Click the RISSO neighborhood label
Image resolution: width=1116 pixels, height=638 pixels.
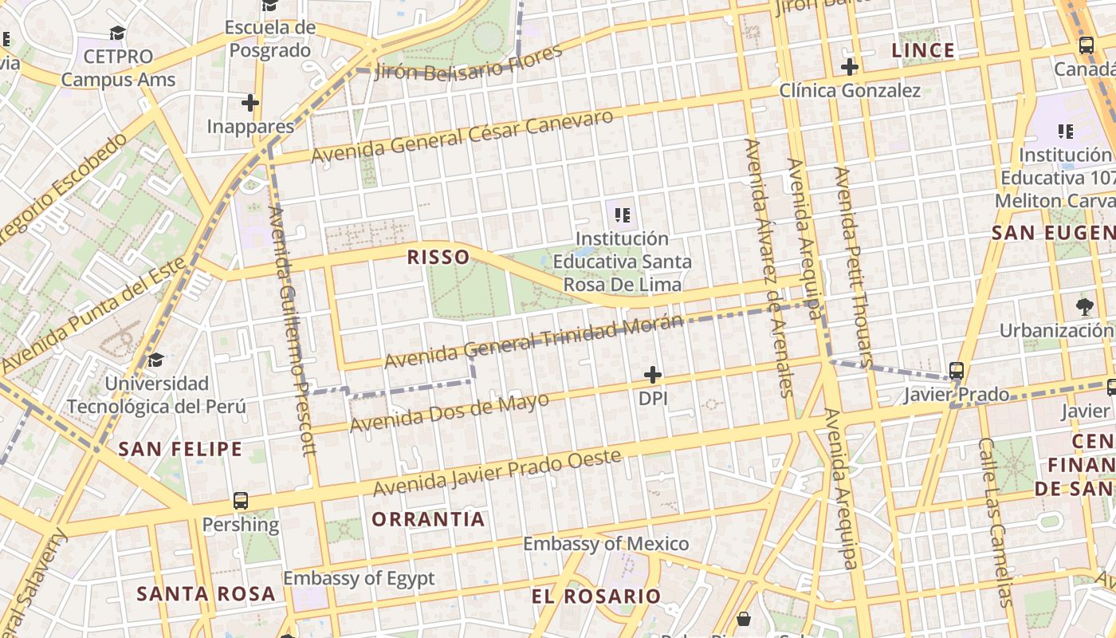(438, 257)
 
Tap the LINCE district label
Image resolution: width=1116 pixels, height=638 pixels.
(923, 51)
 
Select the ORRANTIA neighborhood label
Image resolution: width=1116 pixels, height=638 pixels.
(428, 519)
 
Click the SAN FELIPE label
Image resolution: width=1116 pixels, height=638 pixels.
(180, 449)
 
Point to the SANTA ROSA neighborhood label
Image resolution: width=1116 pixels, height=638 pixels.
(206, 593)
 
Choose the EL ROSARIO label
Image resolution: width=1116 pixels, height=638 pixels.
(596, 596)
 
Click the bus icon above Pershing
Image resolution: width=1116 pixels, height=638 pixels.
(240, 501)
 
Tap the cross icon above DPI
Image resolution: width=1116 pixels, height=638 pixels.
(653, 374)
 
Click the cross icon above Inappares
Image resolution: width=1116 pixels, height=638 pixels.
(250, 103)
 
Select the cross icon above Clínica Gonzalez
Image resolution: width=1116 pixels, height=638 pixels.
(850, 67)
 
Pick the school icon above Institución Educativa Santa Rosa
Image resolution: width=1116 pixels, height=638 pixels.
(623, 214)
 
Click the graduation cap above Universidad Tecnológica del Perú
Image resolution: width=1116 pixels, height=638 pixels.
(156, 360)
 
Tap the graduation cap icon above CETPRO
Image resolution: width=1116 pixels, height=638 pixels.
(118, 33)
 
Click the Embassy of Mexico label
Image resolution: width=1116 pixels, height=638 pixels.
(606, 544)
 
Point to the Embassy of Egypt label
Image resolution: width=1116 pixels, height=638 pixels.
(359, 578)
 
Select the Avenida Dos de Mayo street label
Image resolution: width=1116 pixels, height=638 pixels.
(450, 412)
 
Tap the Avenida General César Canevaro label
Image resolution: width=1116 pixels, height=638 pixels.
(462, 136)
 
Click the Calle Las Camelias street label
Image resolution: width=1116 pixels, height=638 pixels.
(996, 522)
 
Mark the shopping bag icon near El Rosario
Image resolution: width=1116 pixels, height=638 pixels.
(744, 618)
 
